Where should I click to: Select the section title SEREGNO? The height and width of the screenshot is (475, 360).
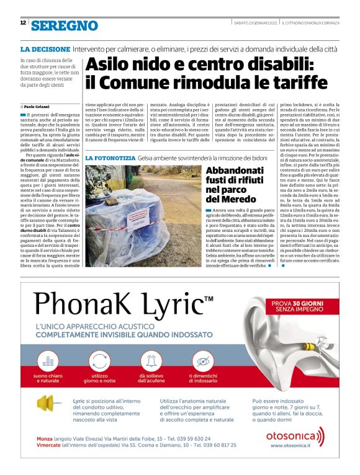point(65,25)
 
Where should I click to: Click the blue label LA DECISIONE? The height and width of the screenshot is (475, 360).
point(44,48)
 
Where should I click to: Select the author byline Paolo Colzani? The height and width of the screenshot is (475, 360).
point(38,107)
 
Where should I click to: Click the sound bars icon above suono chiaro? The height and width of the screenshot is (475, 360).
point(49,361)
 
